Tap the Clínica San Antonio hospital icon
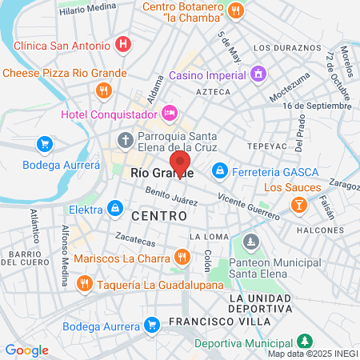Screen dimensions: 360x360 point(122,45)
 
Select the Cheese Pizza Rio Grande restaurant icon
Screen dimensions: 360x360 point(102,90)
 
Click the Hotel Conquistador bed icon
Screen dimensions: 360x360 point(170,114)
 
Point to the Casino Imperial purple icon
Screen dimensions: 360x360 point(258,76)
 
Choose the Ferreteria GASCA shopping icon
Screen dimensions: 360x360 point(220,170)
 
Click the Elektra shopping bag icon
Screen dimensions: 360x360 point(117,209)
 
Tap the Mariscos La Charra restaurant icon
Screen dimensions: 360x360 point(182,258)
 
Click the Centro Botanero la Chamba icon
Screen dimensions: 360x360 point(235,10)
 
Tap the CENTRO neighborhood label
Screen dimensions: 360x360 point(158,216)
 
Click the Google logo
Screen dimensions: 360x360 point(26,350)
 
